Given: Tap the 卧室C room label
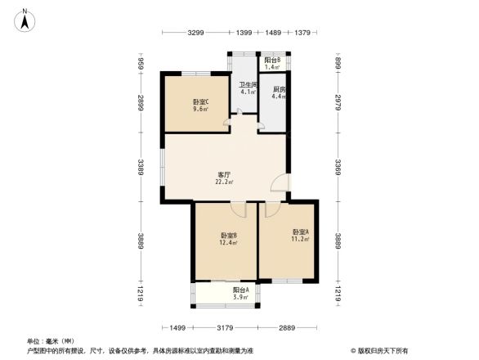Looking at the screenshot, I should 200,101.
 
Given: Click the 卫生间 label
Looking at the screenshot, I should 248,84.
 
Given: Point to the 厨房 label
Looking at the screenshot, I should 279,89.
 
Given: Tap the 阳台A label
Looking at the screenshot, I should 239,290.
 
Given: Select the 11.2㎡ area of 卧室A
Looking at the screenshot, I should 299,240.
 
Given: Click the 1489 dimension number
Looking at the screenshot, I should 273,33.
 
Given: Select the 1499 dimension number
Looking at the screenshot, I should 180,327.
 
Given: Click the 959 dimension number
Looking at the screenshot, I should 141,64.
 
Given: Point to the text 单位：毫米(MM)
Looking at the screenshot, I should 51,341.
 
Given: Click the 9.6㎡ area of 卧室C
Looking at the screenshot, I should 200,109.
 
